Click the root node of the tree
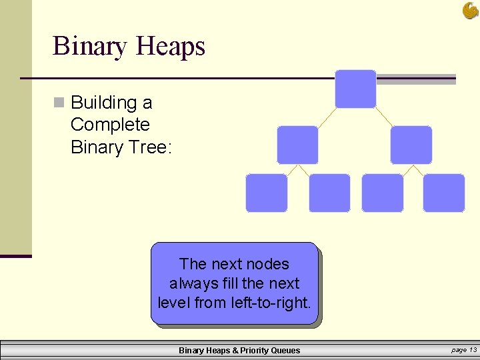pos(355,89)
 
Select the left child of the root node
pos(297,145)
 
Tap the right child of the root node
pos(411,145)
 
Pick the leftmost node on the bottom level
pos(267,193)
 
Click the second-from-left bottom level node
pos(329,193)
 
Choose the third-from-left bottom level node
pos(382,193)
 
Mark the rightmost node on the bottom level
pos(443,193)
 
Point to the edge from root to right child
pos(383,117)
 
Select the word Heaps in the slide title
pos(170,46)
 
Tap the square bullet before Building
pos(59,103)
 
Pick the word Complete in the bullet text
pos(110,125)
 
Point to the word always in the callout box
pos(191,283)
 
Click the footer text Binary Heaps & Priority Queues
pos(239,351)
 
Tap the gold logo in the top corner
pos(470,10)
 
